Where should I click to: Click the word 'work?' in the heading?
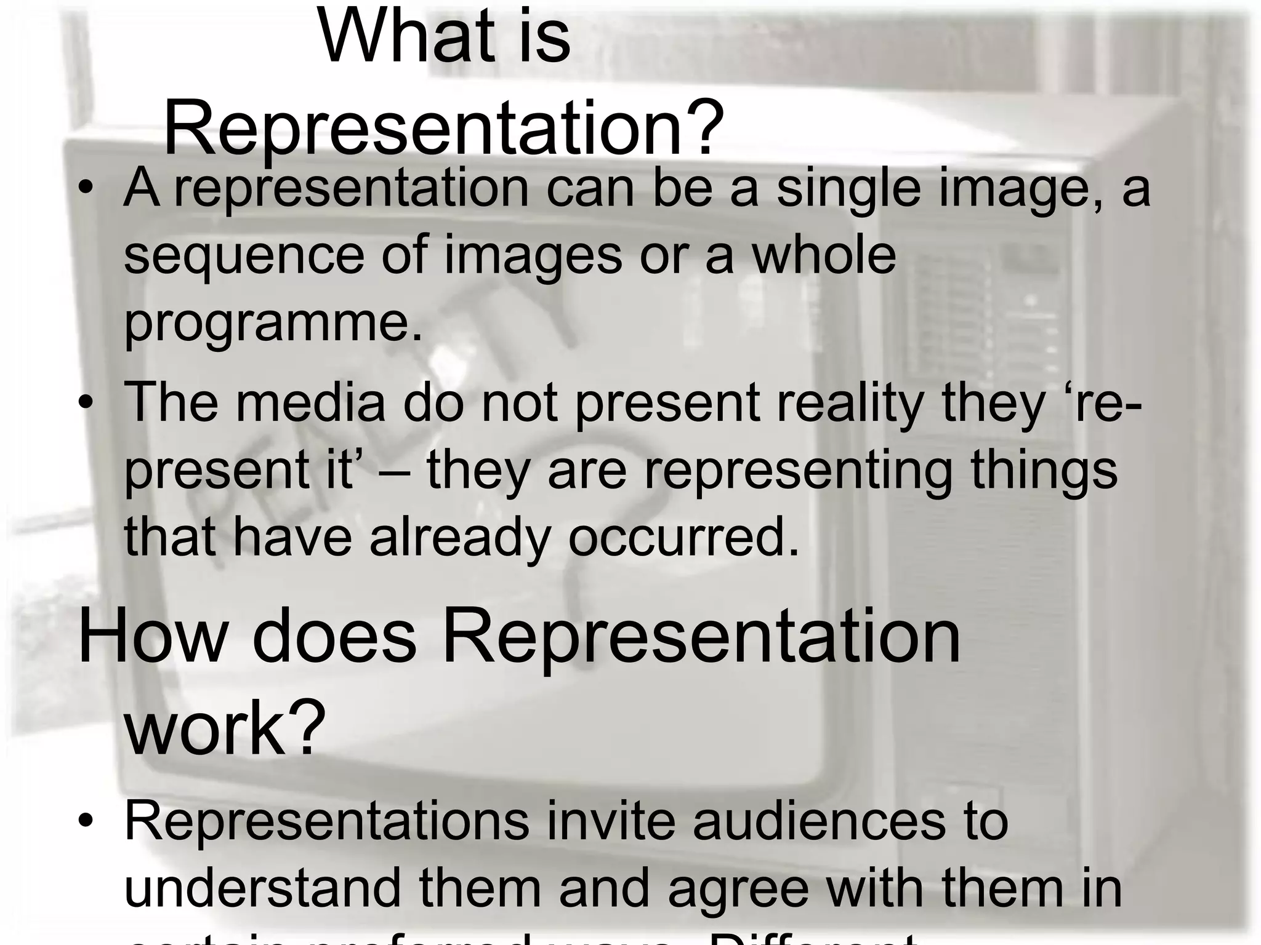(x=225, y=728)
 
